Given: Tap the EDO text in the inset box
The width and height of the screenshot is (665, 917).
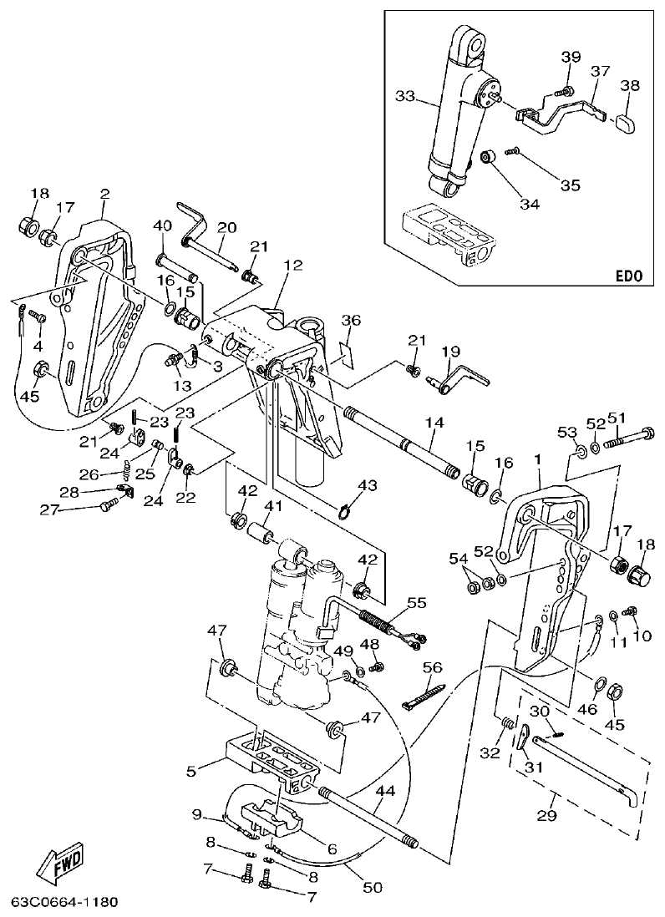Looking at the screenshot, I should [630, 273].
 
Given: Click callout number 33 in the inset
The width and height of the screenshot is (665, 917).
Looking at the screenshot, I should [405, 97].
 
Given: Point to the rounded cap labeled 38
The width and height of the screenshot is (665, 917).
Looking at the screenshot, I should [627, 124].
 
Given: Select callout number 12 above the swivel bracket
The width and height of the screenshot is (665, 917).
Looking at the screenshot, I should [292, 266].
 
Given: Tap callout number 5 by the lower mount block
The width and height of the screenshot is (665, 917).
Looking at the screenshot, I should [191, 772].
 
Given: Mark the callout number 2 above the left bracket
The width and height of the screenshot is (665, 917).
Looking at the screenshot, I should [104, 194].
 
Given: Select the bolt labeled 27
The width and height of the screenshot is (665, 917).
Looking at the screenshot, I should [109, 505].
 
